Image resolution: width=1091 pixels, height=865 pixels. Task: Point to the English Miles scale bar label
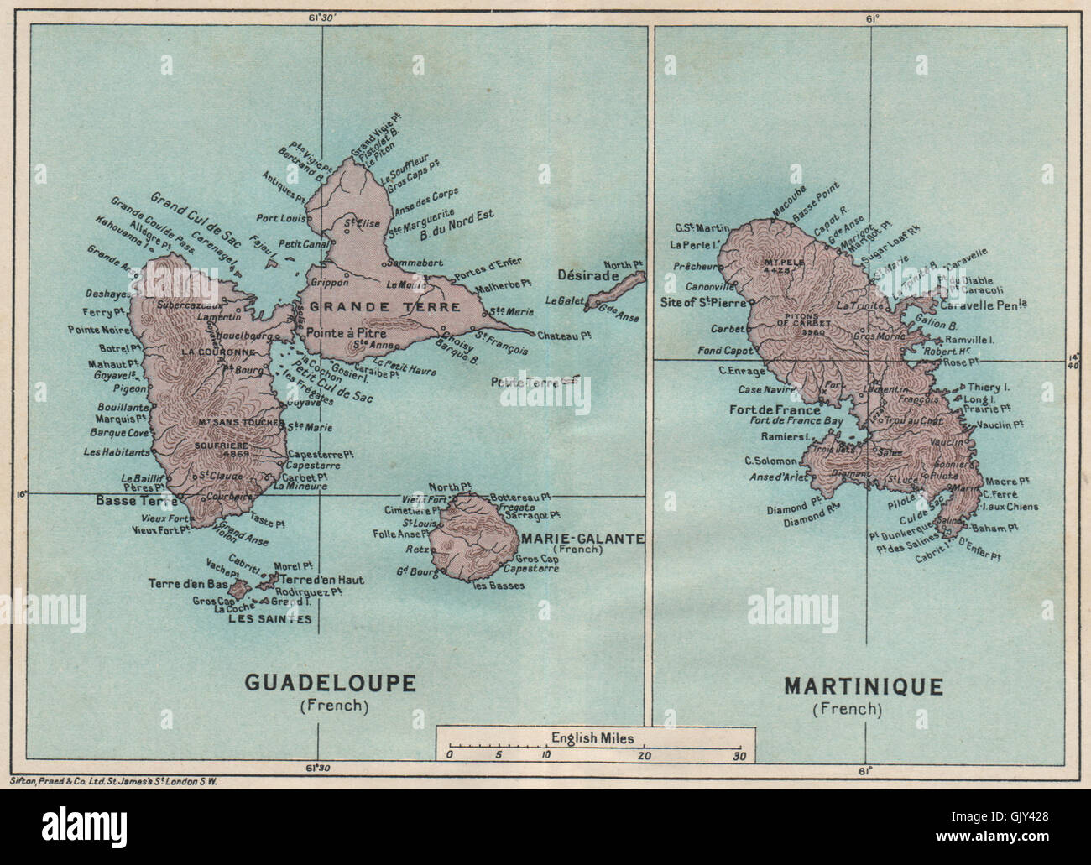tap(592, 738)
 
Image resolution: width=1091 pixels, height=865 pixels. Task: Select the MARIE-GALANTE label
tap(582, 539)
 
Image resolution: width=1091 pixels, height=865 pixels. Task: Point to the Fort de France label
tap(780, 410)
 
